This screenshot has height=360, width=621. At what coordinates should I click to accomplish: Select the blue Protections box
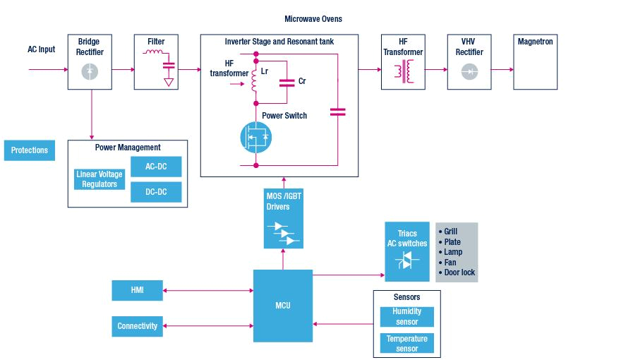point(29,150)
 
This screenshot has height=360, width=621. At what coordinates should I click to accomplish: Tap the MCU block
point(282,306)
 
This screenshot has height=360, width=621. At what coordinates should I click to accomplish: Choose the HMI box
point(137,289)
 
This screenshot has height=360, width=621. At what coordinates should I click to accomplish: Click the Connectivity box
point(137,326)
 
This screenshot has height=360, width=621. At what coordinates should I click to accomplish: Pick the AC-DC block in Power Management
point(155,167)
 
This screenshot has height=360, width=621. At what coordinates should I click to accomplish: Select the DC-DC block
point(155,192)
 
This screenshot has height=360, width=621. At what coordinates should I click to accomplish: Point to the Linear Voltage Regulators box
point(100,179)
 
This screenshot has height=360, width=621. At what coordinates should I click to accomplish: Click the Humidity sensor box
point(407,317)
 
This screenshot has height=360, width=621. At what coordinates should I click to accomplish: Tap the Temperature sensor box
point(407,344)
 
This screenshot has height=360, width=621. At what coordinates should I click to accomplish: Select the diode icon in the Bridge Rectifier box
point(90,71)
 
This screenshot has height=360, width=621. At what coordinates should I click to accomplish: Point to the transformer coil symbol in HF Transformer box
point(403,71)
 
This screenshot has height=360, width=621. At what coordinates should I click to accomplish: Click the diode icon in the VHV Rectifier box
point(469,71)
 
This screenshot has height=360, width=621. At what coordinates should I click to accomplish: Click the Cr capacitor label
point(302,81)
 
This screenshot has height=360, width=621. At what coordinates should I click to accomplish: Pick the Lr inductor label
point(265,72)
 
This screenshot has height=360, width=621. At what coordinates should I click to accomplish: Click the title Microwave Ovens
point(313,18)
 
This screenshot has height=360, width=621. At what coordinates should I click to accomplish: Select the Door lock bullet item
point(459,272)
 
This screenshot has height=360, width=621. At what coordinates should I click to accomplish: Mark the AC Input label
point(41,49)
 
